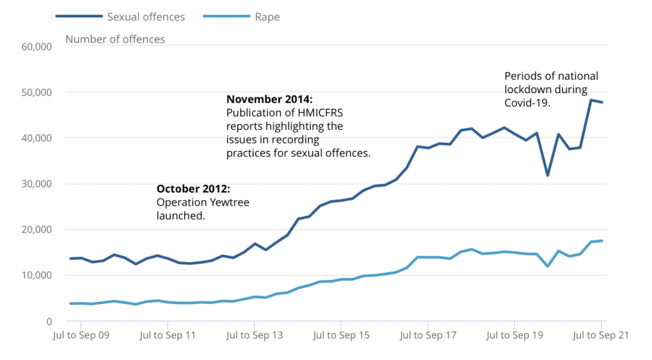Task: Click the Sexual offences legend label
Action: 146,17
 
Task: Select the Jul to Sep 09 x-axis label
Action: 80,335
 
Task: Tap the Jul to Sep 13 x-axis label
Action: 254,335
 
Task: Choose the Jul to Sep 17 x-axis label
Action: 428,335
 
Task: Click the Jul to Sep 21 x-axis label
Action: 601,335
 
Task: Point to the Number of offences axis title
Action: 115,40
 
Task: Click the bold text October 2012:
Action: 193,189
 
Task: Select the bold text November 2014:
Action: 269,99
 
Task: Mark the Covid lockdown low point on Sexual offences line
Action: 548,175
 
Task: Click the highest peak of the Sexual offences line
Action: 591,100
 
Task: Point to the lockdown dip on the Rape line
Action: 548,266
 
